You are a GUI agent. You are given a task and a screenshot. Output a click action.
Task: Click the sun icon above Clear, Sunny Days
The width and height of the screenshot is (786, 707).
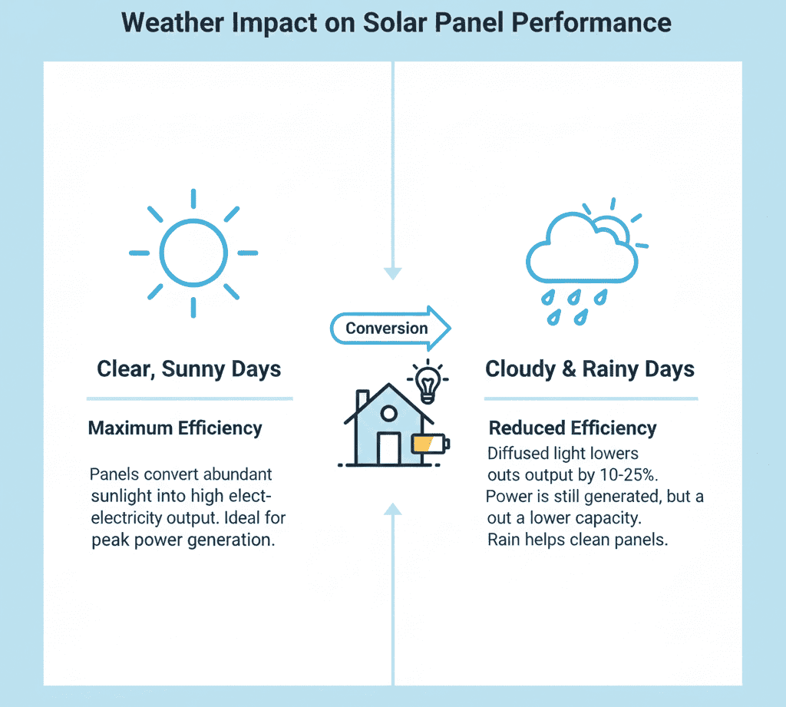[193, 253]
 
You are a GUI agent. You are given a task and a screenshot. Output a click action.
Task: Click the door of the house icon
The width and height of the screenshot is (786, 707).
[388, 448]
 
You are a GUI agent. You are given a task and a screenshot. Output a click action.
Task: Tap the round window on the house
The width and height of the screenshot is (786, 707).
[388, 414]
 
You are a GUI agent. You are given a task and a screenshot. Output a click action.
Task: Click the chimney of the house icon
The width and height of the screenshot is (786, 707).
[362, 399]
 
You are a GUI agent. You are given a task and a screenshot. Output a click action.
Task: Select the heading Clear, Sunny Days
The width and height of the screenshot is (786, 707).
[189, 369]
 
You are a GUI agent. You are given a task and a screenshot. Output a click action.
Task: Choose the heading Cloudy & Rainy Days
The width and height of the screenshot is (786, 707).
[589, 369]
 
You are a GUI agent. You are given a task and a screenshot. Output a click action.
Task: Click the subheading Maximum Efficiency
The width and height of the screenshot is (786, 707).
[175, 428]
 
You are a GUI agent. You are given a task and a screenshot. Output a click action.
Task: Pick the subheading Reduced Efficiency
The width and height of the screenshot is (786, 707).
[573, 428]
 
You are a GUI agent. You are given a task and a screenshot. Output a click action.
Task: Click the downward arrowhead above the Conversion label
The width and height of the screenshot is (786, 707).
[393, 273]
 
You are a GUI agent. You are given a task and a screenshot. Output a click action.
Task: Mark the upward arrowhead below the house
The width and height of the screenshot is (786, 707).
[393, 507]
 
